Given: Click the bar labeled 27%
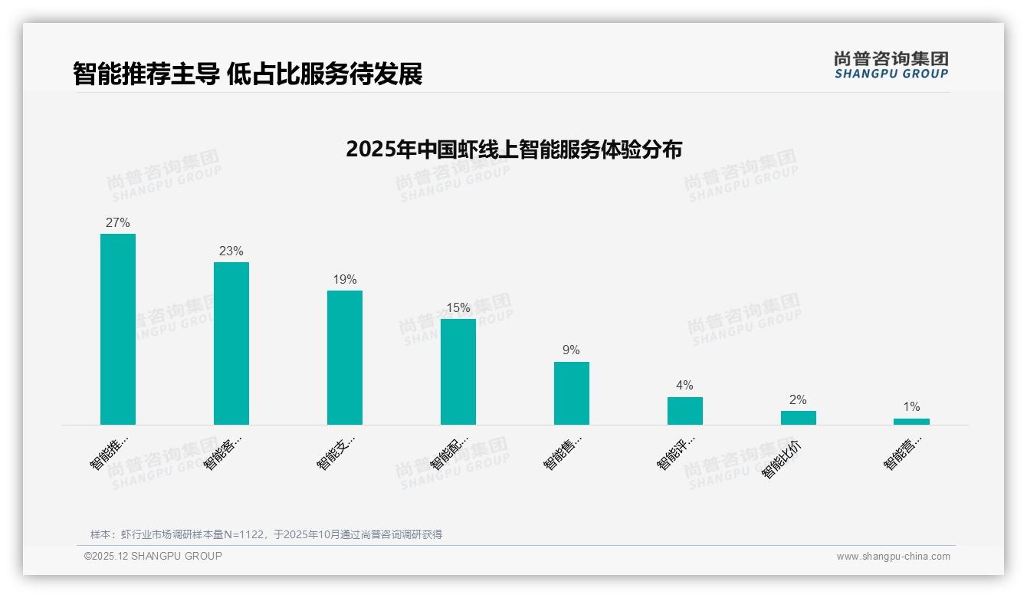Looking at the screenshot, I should pyautogui.click(x=118, y=329).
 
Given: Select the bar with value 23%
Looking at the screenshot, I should pyautogui.click(x=231, y=343).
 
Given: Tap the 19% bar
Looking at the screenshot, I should pyautogui.click(x=345, y=357).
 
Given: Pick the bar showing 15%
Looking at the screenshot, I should pyautogui.click(x=458, y=372).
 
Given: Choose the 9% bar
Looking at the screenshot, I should pyautogui.click(x=572, y=393).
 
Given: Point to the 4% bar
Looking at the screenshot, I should pyautogui.click(x=685, y=411).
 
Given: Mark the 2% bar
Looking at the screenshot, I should pyautogui.click(x=799, y=418).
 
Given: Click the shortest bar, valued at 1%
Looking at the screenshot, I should pyautogui.click(x=911, y=422).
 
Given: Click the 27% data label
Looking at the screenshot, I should pyautogui.click(x=118, y=223).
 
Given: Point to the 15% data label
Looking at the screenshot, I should pyautogui.click(x=458, y=308).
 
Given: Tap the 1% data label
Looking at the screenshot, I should pyautogui.click(x=911, y=407).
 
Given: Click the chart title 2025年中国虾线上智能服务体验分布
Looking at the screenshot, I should pyautogui.click(x=513, y=149).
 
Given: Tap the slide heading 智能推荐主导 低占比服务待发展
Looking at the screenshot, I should pyautogui.click(x=248, y=74).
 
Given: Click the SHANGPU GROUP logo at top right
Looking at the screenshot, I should pyautogui.click(x=891, y=65).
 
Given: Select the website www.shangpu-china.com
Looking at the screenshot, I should pyautogui.click(x=893, y=557).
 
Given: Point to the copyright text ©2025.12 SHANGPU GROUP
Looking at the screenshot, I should pyautogui.click(x=153, y=556).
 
